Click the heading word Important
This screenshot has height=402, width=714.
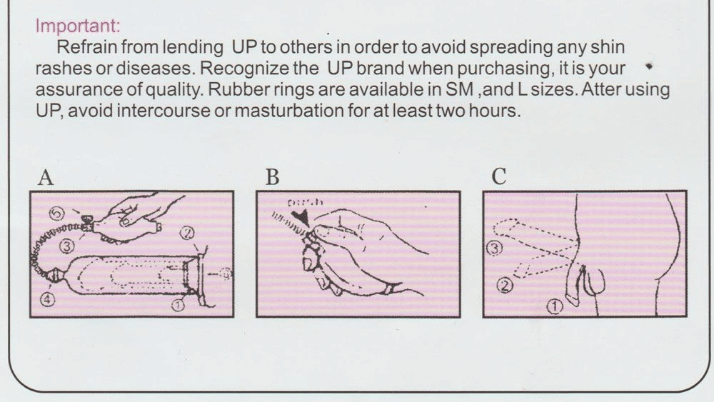(78, 26)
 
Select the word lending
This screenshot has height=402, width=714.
(195, 48)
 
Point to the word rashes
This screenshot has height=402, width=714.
(60, 70)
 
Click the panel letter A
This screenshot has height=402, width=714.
(46, 177)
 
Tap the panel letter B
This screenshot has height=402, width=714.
(272, 177)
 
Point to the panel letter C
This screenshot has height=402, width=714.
(499, 177)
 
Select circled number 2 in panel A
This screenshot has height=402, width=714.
(188, 231)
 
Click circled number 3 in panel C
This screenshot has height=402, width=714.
(493, 248)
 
